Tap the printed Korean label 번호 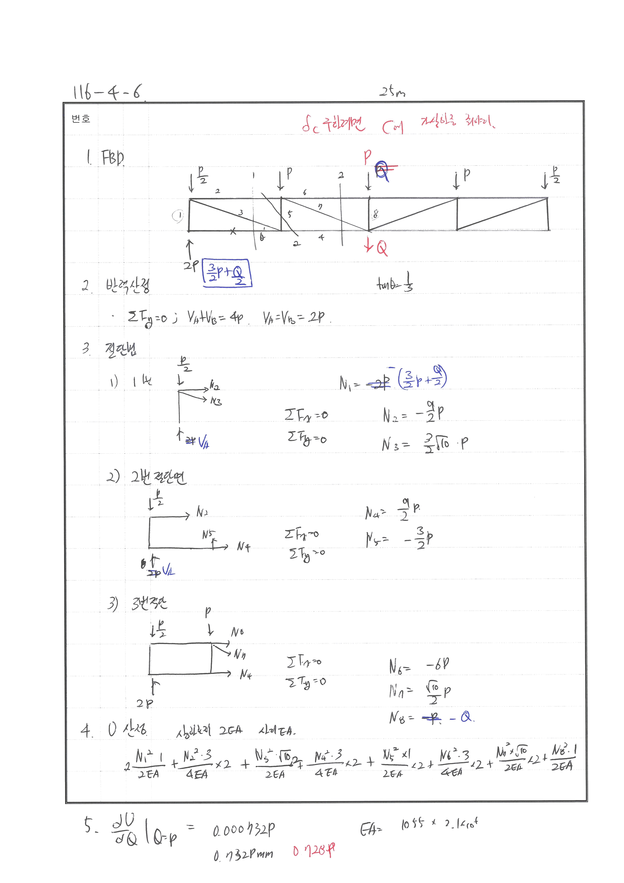tap(81, 119)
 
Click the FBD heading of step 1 tap(112, 158)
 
